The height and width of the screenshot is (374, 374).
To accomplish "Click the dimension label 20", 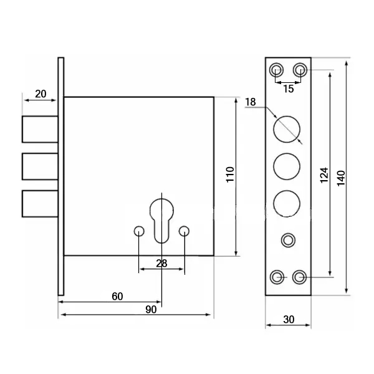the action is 41,93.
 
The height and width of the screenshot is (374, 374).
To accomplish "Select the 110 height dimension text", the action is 230,175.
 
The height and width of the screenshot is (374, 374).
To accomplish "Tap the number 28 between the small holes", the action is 161,263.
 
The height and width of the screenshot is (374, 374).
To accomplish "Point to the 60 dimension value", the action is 117,296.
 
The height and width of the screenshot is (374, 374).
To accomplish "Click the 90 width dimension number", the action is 151,309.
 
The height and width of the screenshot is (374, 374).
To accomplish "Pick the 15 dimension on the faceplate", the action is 289,89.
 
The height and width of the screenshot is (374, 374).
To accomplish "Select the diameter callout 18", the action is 251,102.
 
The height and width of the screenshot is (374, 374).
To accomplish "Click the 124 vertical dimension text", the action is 324,175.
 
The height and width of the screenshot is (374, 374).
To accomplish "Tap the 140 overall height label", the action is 341,178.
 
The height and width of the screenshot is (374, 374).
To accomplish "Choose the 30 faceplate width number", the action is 289,319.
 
